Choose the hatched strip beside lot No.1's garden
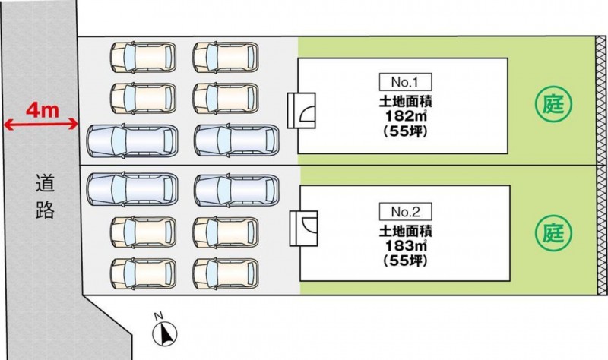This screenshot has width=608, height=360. pyautogui.click(x=600, y=99)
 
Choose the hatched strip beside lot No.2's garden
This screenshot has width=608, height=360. pyautogui.click(x=600, y=228)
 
